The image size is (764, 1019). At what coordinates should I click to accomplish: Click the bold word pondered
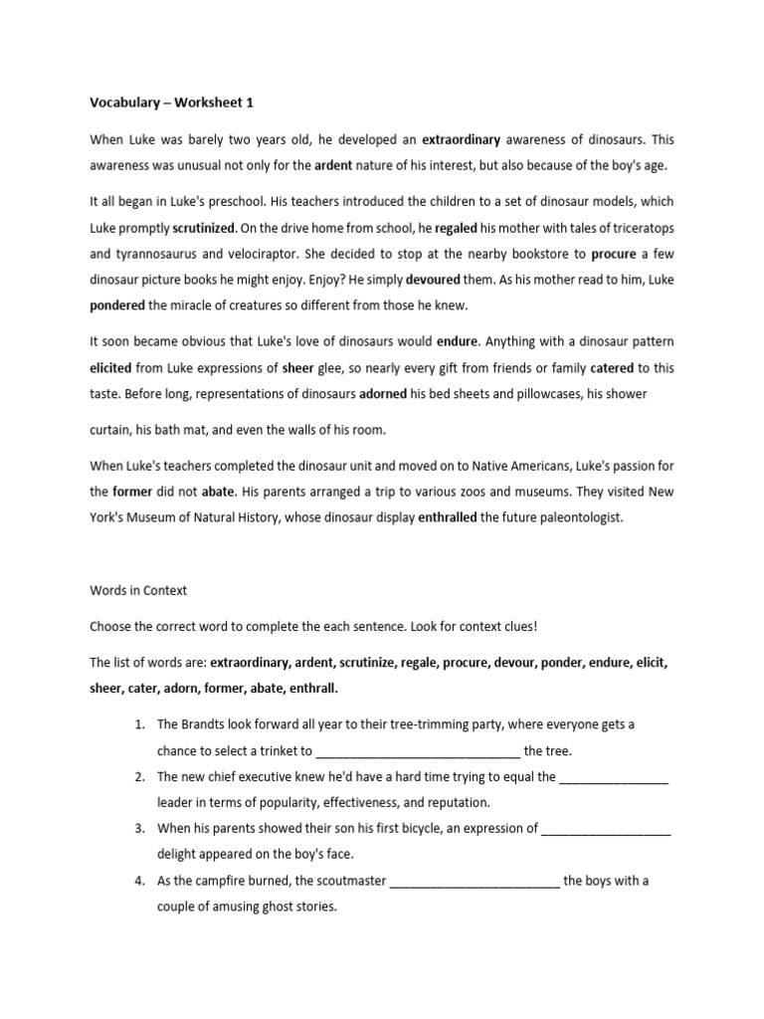point(117,306)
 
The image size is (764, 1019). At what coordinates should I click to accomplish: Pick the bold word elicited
point(111,367)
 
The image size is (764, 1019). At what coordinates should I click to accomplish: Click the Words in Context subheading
point(138,590)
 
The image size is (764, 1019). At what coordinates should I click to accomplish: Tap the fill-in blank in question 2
point(614,778)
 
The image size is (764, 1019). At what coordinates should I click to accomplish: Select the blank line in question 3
point(607,829)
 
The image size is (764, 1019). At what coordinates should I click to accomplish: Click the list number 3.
point(140,828)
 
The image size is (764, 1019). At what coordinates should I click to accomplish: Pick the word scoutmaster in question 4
point(336,881)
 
